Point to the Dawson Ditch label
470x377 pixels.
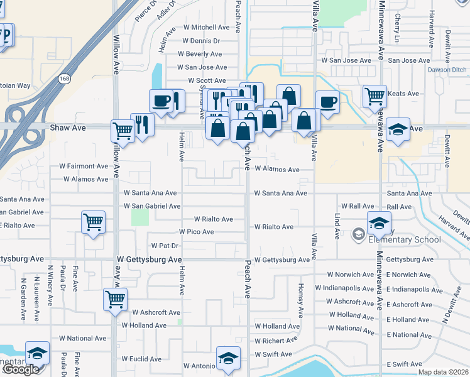tap(446, 70)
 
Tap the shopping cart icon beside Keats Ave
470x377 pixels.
tap(374, 96)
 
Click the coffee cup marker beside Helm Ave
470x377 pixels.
tap(161, 101)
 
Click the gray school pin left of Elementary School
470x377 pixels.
tap(359, 234)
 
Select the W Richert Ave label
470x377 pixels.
tap(276, 341)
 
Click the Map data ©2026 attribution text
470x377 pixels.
tap(444, 372)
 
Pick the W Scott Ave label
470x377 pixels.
tap(207, 81)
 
